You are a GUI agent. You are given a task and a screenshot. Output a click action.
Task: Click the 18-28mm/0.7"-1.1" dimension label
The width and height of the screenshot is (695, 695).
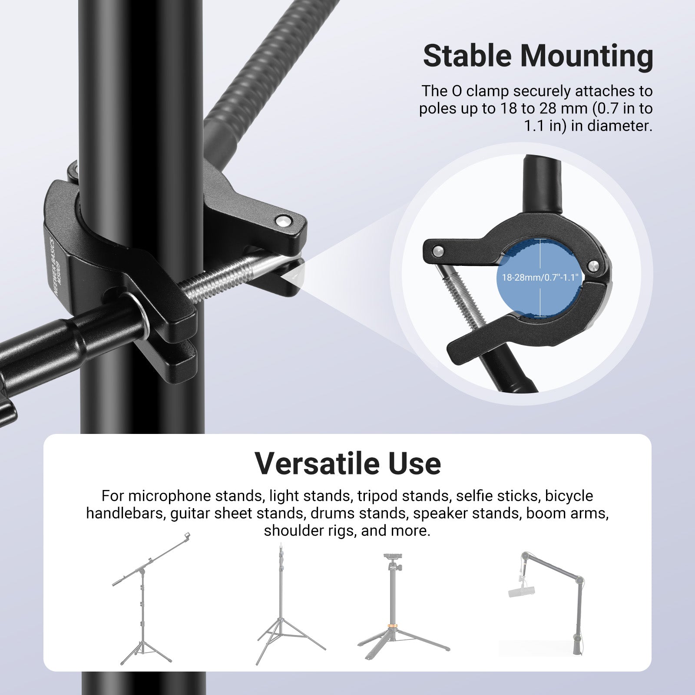[540, 278]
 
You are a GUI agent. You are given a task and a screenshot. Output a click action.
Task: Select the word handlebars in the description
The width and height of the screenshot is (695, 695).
[124, 513]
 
